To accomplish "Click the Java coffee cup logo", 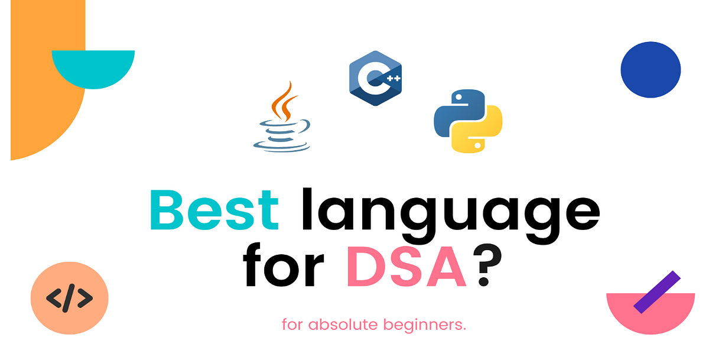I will tap(282, 118).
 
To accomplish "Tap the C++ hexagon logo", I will tap(375, 78).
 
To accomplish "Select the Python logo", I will tap(467, 121).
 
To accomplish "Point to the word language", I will tap(451, 213).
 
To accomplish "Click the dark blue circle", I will tap(651, 69).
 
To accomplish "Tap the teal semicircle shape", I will tap(93, 66).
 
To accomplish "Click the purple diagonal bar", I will tap(657, 291).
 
